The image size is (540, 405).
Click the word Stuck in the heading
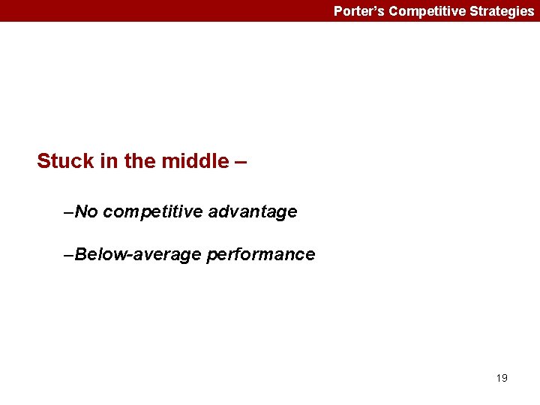pos(65,161)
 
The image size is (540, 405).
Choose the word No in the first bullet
pos(87,212)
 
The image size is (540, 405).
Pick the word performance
pos(260,255)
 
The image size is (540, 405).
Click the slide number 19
pos(502,378)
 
